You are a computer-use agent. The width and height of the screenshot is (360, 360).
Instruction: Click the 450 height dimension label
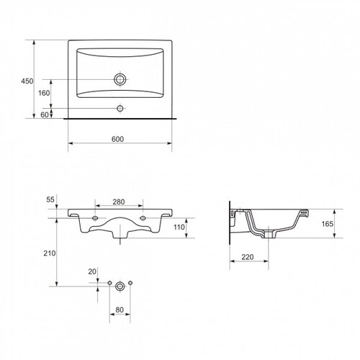tap(27, 81)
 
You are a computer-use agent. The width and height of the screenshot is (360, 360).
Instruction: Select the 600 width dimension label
tap(117, 139)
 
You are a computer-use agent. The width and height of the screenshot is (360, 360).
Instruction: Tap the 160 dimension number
tap(44, 93)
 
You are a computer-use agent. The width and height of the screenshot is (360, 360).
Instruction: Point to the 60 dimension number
tap(45, 115)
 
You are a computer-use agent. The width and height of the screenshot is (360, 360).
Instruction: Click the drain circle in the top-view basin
tap(120, 79)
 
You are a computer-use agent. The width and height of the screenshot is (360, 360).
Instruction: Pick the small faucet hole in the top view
tap(120, 108)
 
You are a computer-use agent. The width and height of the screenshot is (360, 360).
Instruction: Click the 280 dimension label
tap(119, 202)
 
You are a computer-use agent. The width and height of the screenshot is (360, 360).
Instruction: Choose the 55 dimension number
tap(50, 199)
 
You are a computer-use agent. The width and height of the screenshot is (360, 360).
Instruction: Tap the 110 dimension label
tap(179, 227)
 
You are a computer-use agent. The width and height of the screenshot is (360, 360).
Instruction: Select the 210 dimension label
tap(50, 253)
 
